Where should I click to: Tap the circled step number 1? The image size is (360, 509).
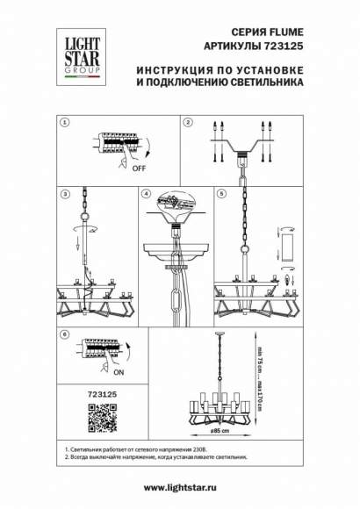[x=63, y=123]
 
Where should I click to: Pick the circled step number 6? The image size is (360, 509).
[x=63, y=334]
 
